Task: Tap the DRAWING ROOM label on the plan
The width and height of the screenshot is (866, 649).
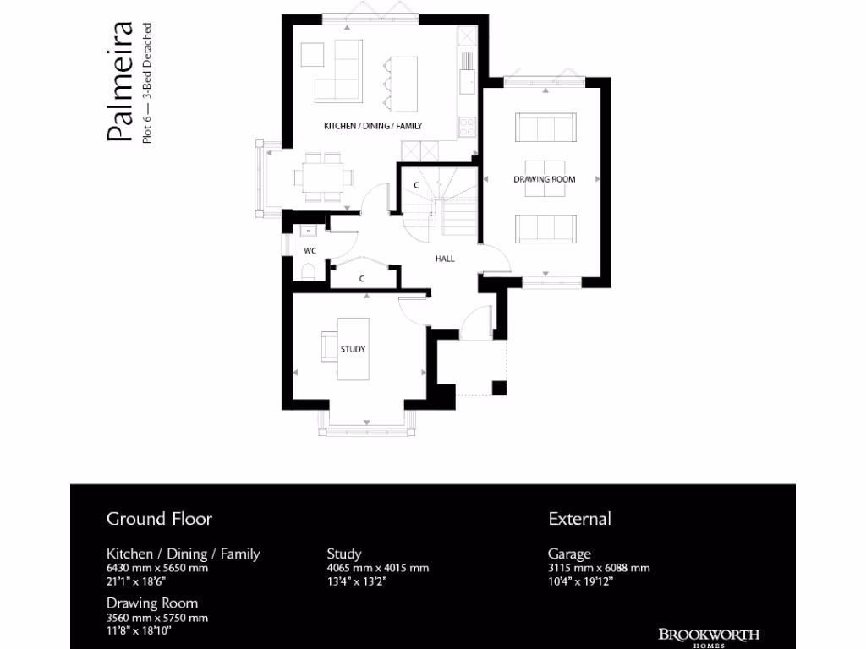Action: tap(545, 179)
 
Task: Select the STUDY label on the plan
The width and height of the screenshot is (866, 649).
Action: tap(353, 349)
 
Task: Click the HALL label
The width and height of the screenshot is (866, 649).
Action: tap(445, 259)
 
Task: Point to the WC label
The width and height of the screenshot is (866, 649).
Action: tap(310, 251)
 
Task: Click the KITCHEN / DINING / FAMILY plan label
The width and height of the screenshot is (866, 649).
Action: tap(373, 126)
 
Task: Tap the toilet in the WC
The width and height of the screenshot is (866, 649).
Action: tap(308, 271)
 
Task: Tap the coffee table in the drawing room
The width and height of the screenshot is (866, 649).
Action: tap(545, 177)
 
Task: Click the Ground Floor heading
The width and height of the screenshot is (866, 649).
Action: tap(159, 518)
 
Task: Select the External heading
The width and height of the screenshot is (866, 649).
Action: tap(579, 518)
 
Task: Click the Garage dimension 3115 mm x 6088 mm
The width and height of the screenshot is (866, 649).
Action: tap(599, 568)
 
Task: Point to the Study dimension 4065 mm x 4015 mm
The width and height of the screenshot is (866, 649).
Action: tap(378, 568)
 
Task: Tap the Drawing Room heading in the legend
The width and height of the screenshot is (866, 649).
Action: tap(152, 603)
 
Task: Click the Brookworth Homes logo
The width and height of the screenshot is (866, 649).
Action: tap(709, 636)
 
